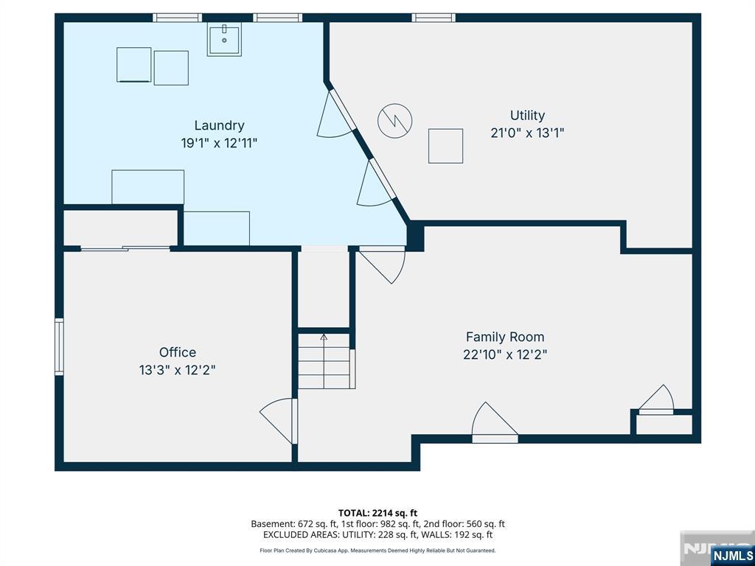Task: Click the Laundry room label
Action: [x=219, y=125]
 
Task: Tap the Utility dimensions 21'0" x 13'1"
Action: [x=527, y=133]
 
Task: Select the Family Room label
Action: [x=505, y=337]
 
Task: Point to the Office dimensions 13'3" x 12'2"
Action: [x=177, y=370]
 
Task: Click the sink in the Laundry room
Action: [x=224, y=40]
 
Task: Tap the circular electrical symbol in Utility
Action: [x=395, y=121]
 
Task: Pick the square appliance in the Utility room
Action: [x=446, y=146]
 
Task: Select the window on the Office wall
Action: [x=59, y=346]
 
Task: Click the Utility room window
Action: [x=434, y=18]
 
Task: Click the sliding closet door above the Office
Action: [x=125, y=248]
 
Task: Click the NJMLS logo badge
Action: [x=732, y=555]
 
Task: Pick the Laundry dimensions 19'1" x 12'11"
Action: [x=219, y=144]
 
